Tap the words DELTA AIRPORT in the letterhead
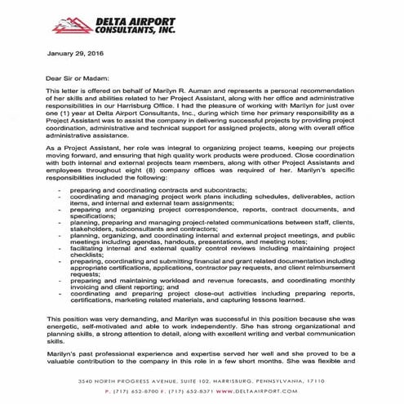(x=122, y=13)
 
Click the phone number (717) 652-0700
(x=138, y=390)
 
